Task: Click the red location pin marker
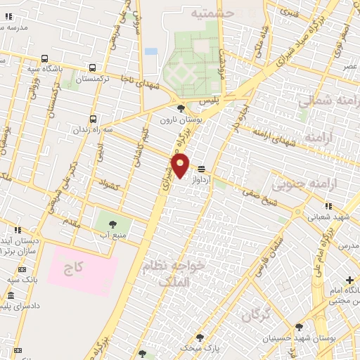(181, 165)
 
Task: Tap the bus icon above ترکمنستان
(93, 68)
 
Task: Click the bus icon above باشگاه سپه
(45, 59)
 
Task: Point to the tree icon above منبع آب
(112, 225)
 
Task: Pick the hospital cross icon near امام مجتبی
(349, 280)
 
